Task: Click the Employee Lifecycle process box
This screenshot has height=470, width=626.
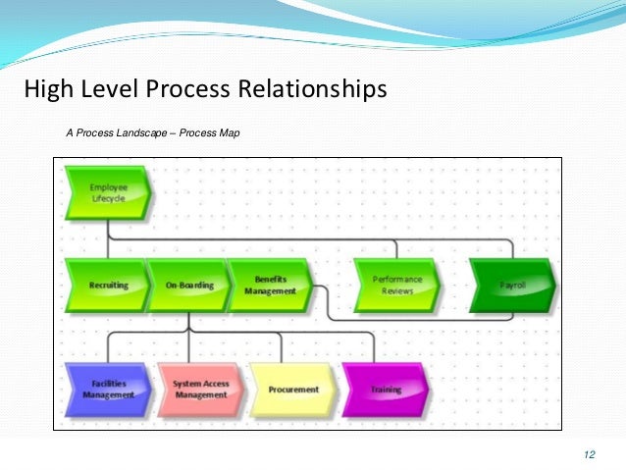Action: [x=107, y=191]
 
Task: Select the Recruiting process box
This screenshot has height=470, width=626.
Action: [x=107, y=285]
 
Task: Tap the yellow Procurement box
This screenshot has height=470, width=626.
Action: [x=291, y=389]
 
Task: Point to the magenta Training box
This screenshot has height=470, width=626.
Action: [x=385, y=389]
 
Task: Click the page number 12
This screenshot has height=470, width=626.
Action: [x=589, y=453]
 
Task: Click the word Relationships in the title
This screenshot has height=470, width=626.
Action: [x=312, y=90]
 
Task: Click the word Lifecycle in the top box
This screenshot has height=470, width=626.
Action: [x=108, y=197]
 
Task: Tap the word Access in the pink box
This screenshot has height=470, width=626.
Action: [x=219, y=383]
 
